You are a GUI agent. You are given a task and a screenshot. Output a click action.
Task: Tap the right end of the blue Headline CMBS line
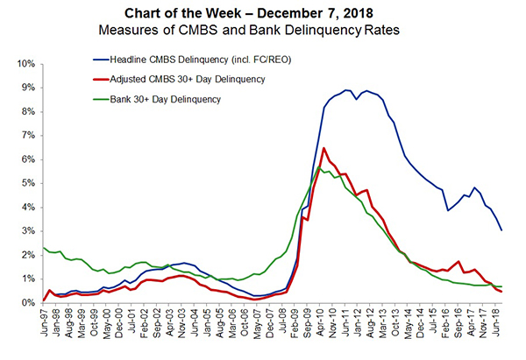[x=501, y=230]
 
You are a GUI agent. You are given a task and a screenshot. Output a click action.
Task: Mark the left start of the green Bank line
[x=43, y=248]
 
